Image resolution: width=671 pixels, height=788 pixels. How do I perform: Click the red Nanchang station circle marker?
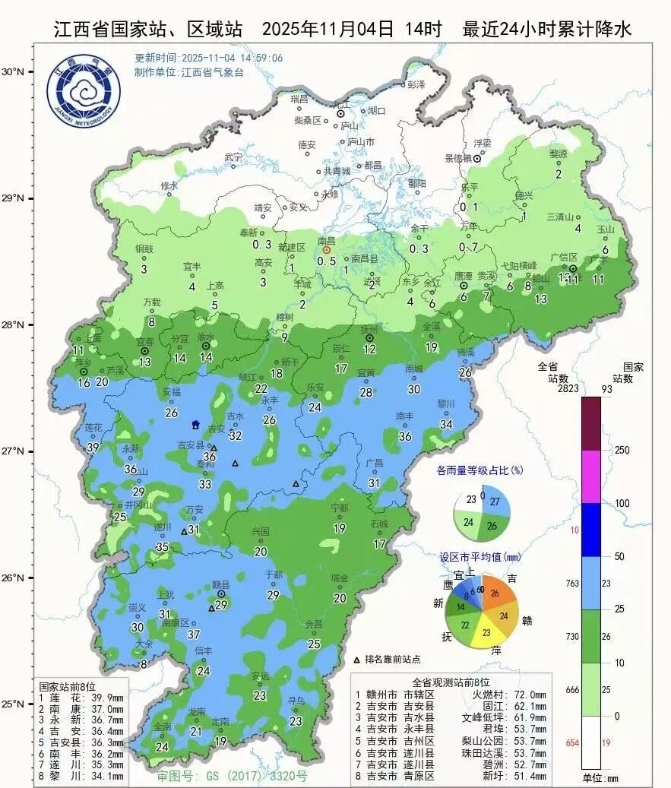(x=327, y=249)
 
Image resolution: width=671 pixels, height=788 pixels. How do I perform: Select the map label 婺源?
(x=559, y=153)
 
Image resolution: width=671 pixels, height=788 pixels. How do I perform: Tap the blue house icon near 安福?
(x=196, y=425)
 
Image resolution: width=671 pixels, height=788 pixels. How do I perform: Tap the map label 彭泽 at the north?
(x=416, y=84)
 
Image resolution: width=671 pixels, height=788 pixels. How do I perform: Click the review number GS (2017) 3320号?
(x=232, y=777)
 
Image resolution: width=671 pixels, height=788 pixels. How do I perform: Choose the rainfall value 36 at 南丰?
(x=405, y=436)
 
